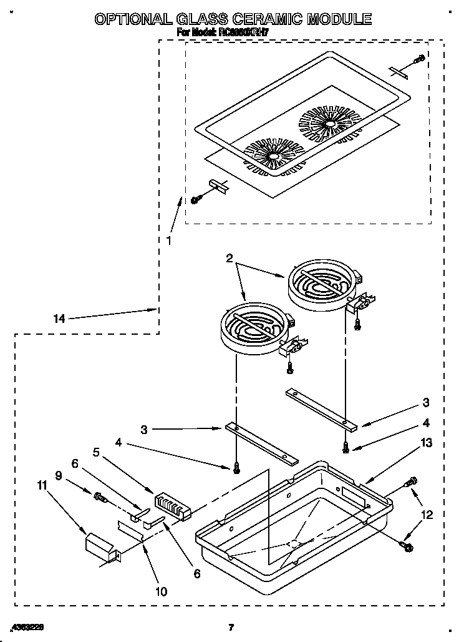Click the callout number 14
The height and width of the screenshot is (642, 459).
(59, 319)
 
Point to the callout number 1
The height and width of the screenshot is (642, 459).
(168, 239)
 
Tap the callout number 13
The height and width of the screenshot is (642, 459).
(426, 443)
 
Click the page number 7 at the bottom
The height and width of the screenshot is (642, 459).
(230, 627)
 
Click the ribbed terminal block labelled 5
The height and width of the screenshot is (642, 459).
(172, 503)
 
